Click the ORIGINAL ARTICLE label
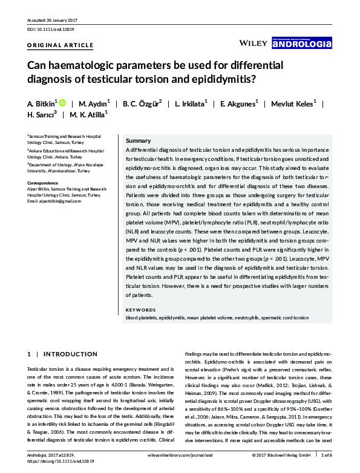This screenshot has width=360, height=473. coord(61,45)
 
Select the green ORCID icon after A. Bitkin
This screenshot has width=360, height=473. coord(62,102)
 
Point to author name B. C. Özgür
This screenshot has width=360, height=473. coord(142,103)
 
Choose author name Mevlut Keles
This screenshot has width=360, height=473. coord(291,103)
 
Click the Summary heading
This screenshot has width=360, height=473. coord(138,140)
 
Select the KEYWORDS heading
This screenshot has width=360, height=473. coord(140,310)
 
